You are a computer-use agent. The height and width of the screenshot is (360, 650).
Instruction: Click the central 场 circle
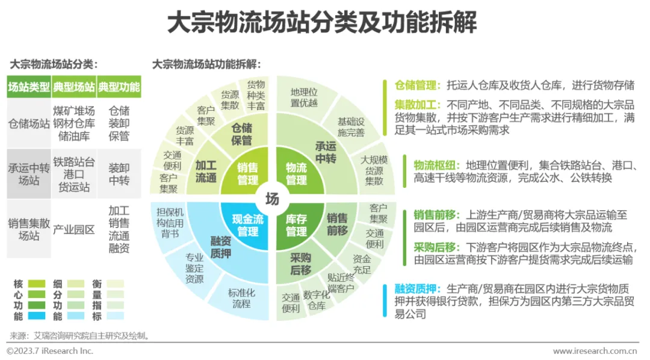(273, 199)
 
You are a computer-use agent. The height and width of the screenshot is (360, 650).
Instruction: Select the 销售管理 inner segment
(247, 173)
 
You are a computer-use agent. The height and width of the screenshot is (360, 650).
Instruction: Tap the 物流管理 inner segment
(296, 173)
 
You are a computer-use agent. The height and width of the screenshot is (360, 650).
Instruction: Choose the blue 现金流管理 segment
(247, 225)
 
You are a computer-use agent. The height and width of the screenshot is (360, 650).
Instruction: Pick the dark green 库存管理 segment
(296, 225)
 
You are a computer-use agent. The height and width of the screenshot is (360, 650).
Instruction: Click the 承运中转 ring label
(326, 151)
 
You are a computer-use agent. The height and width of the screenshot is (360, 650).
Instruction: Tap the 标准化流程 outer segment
(241, 298)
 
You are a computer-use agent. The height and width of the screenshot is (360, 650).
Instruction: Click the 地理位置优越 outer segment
(303, 98)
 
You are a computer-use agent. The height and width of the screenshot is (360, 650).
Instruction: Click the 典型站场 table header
(73, 87)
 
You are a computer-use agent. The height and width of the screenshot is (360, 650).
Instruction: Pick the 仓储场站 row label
(29, 123)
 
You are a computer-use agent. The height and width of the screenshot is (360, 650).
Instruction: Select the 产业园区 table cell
(73, 229)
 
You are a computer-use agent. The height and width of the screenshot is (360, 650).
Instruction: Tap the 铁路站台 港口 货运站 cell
(73, 175)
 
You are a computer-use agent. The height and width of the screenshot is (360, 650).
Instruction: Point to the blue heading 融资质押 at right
(415, 290)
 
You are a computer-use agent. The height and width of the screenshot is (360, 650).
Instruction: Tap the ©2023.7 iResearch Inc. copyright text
(50, 351)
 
